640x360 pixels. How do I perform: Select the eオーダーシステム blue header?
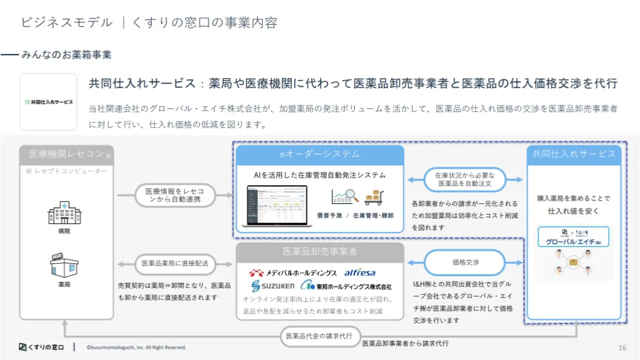[x=319, y=154]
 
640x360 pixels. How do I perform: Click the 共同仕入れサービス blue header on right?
[x=573, y=154]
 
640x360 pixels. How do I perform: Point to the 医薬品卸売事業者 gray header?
[x=320, y=251]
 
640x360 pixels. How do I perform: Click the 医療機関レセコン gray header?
[x=67, y=154]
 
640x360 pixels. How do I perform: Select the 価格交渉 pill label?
[x=465, y=263]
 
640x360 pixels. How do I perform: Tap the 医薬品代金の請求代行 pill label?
[x=321, y=335]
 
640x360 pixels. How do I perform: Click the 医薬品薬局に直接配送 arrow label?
[x=175, y=263]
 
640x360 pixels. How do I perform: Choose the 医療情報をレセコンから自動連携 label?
[x=175, y=195]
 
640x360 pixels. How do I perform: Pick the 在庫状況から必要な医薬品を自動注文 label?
[x=465, y=179]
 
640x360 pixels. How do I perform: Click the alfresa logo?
[x=360, y=273]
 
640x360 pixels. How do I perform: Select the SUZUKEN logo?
[x=271, y=285]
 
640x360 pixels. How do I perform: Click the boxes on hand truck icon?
[x=374, y=197]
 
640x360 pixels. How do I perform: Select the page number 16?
[x=622, y=347]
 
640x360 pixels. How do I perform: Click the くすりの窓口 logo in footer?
[x=41, y=347]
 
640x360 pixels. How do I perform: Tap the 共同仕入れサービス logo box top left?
[x=49, y=102]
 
